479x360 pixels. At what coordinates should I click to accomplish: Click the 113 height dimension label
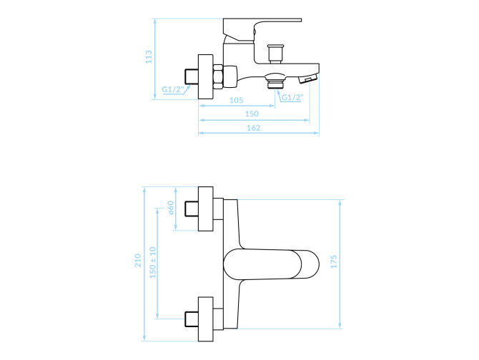149,56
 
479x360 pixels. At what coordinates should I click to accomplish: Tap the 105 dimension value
236,100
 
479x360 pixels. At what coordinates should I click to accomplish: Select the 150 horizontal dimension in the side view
252,114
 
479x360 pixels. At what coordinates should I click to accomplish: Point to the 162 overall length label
253,128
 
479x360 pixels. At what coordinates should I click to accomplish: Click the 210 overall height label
138,260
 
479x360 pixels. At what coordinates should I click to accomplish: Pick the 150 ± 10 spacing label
153,262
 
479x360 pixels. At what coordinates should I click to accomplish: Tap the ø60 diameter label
170,207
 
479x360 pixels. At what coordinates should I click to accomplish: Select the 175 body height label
334,261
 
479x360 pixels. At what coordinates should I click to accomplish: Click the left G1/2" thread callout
173,89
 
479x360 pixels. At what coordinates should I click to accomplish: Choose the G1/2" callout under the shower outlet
292,97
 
